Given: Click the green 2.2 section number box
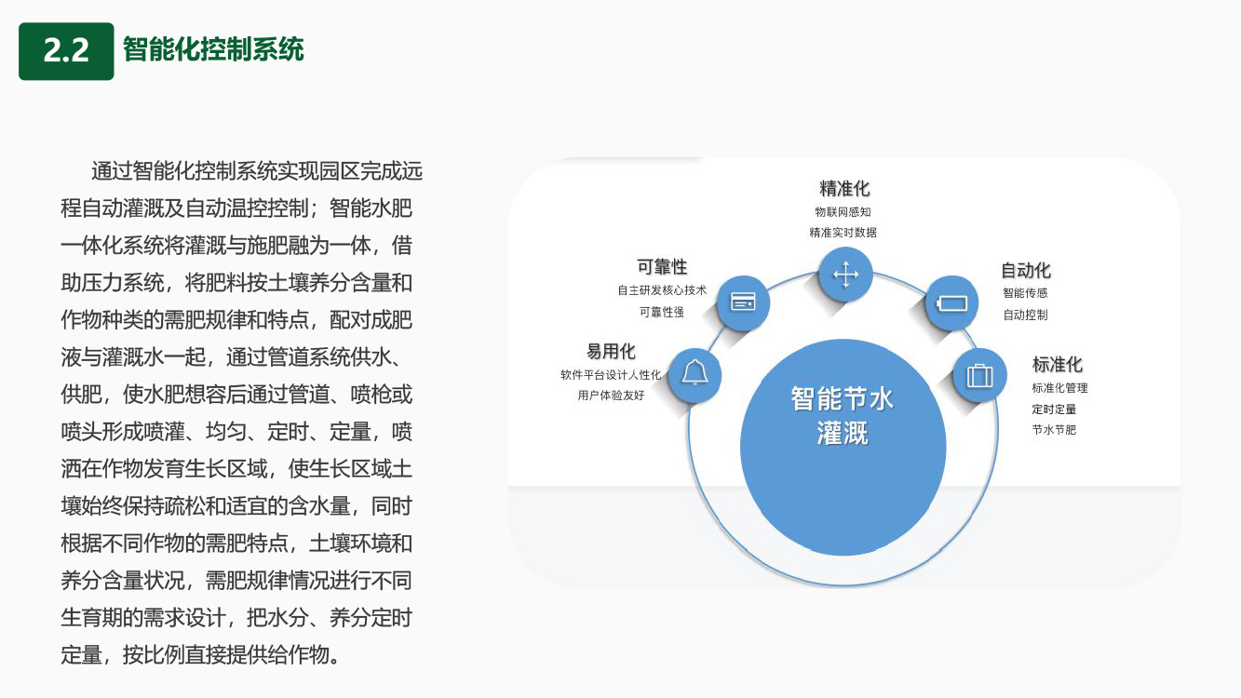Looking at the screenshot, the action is pos(66,51).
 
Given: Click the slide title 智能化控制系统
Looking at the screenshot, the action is pos(213,49).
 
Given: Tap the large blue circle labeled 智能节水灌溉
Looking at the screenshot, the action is pos(843,447).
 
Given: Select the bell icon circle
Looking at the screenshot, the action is pos(695,375).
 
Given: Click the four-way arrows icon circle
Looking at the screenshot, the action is pos(845,275).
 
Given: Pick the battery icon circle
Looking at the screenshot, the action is pos(951,303).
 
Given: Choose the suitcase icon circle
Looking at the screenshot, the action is pos(979,376).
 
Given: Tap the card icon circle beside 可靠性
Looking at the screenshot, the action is pos(743,302).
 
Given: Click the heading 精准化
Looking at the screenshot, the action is pos(844,188).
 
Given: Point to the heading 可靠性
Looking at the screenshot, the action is pos(662,267).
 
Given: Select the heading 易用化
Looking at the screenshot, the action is pos(611,351).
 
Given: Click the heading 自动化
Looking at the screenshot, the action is pos(1026,270).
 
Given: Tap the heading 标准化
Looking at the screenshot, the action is pos(1057,364).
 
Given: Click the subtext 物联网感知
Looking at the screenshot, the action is pos(843,211).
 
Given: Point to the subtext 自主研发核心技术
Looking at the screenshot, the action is pos(662,290).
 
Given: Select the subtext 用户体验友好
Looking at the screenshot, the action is pos(611,395).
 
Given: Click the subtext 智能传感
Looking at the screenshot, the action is pos(1025,292).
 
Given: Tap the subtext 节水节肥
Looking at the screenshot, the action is pos(1054,430).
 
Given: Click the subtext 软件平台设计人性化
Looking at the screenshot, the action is pos(611,375).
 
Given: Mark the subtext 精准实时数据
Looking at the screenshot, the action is pos(843,232).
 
